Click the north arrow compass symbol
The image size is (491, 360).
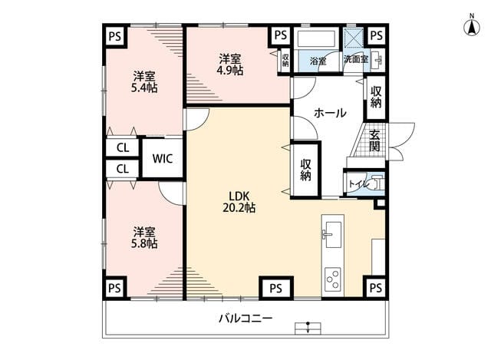[x=471, y=26]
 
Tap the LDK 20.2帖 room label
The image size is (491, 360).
[x=239, y=202]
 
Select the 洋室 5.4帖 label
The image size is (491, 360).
[x=144, y=82]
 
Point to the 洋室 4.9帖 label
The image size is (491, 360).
[x=230, y=64]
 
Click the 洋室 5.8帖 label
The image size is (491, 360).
[x=144, y=238]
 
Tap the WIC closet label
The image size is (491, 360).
[x=163, y=159]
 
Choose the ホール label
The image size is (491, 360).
[x=330, y=113]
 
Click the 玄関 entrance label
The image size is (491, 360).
[x=374, y=141]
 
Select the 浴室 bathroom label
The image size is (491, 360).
[x=318, y=61]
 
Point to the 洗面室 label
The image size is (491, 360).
[x=356, y=59]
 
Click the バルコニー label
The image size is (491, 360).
[x=245, y=319]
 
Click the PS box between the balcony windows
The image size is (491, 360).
[x=276, y=288]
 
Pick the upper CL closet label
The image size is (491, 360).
[x=123, y=147]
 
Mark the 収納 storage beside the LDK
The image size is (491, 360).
[x=305, y=170]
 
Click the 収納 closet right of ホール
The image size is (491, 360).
[x=376, y=97]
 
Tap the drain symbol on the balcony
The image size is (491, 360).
[x=308, y=328]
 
